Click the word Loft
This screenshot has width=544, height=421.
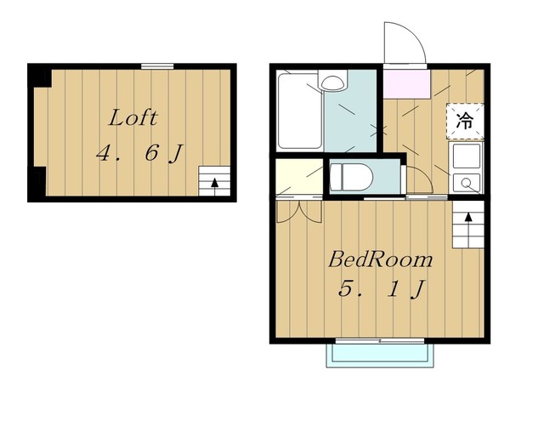point(133,117)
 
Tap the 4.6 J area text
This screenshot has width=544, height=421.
point(139,153)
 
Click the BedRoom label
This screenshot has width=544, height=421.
point(381,259)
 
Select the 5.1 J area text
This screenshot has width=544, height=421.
point(382,289)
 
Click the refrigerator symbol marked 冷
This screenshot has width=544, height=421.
point(465,121)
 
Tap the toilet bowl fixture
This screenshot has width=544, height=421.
point(351,177)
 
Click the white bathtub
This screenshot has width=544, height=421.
point(300,111)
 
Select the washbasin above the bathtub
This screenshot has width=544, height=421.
point(332,81)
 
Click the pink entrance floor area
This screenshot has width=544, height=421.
point(406,84)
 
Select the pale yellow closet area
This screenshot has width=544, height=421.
point(299,177)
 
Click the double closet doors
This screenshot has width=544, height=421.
point(299,212)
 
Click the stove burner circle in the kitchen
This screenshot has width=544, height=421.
point(466,182)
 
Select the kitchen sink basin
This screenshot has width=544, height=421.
point(466,156)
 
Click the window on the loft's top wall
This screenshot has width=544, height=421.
point(157,66)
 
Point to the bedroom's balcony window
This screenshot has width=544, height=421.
point(380,341)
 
